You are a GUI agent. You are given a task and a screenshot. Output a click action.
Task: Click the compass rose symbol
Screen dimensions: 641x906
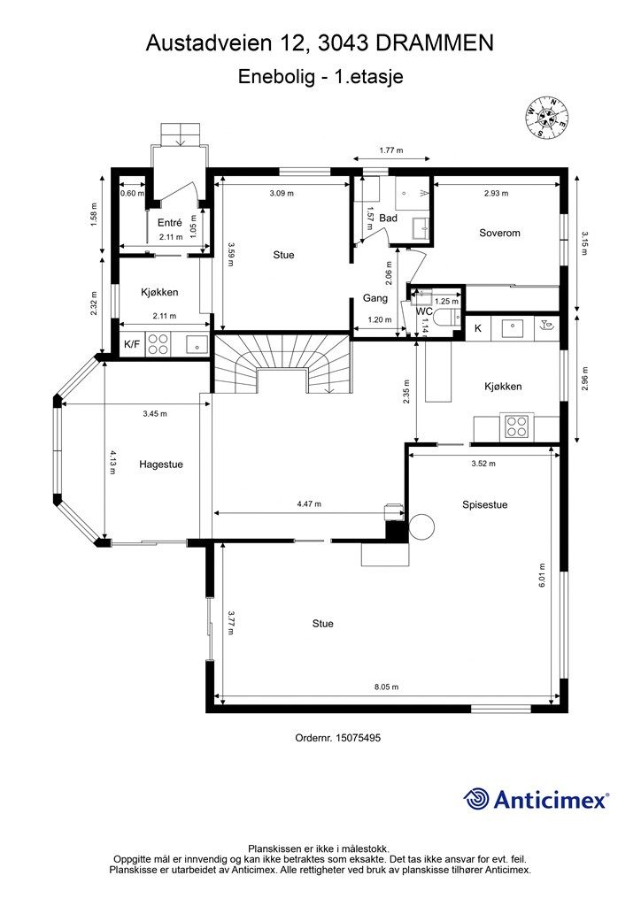(547, 118)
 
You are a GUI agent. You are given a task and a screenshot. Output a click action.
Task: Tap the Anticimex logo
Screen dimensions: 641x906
(536, 800)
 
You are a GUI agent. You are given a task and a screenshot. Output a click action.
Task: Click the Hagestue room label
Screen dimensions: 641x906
(160, 464)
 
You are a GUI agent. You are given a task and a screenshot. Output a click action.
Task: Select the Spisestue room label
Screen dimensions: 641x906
(484, 504)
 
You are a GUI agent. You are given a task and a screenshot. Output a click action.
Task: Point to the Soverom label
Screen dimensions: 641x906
(499, 233)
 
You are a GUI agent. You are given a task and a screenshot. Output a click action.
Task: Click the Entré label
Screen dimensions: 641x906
(170, 222)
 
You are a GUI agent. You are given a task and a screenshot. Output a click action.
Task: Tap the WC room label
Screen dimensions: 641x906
(425, 311)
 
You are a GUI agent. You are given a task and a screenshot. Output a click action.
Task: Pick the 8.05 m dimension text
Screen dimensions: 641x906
(386, 687)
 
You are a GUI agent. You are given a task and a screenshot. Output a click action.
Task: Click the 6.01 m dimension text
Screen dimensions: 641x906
(542, 575)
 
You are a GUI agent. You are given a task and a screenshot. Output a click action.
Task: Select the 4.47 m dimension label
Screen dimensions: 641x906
(309, 503)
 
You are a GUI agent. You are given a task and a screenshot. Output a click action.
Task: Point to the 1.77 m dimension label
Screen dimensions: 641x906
(390, 150)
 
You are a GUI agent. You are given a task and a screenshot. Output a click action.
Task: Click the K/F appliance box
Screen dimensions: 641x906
(133, 344)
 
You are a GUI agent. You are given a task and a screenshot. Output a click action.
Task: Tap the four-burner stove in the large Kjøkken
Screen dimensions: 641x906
(517, 426)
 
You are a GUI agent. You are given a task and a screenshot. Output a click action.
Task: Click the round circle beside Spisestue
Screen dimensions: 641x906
(421, 526)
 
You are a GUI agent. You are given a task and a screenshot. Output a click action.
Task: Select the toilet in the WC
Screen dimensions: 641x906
(447, 318)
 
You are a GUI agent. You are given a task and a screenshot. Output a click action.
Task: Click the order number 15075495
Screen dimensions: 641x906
(359, 738)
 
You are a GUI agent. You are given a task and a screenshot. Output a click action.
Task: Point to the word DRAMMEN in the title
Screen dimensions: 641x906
(435, 43)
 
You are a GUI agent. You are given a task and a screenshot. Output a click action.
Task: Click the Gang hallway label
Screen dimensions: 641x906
(375, 298)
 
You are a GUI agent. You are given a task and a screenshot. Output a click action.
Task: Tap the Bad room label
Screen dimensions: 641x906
(388, 219)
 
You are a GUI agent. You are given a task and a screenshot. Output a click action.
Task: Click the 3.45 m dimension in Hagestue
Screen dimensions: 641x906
(155, 413)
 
